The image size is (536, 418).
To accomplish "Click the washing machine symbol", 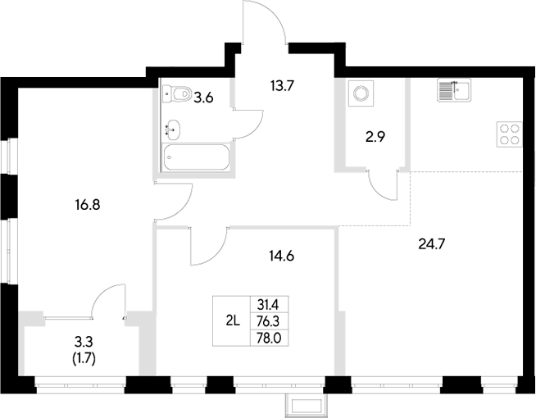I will pyautogui.click(x=360, y=93).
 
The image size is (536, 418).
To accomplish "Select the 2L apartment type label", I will pyautogui.click(x=232, y=320).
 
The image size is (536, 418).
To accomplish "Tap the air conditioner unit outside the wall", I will pyautogui.click(x=307, y=404).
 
